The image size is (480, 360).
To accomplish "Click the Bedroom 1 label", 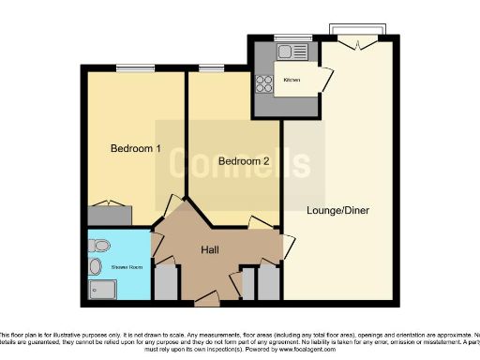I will coord(136,149).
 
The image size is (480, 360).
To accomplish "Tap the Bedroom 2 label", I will coord(244,161).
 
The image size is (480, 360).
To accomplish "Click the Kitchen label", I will coord(292,81).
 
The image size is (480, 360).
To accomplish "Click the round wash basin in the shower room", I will coord(96,267).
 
